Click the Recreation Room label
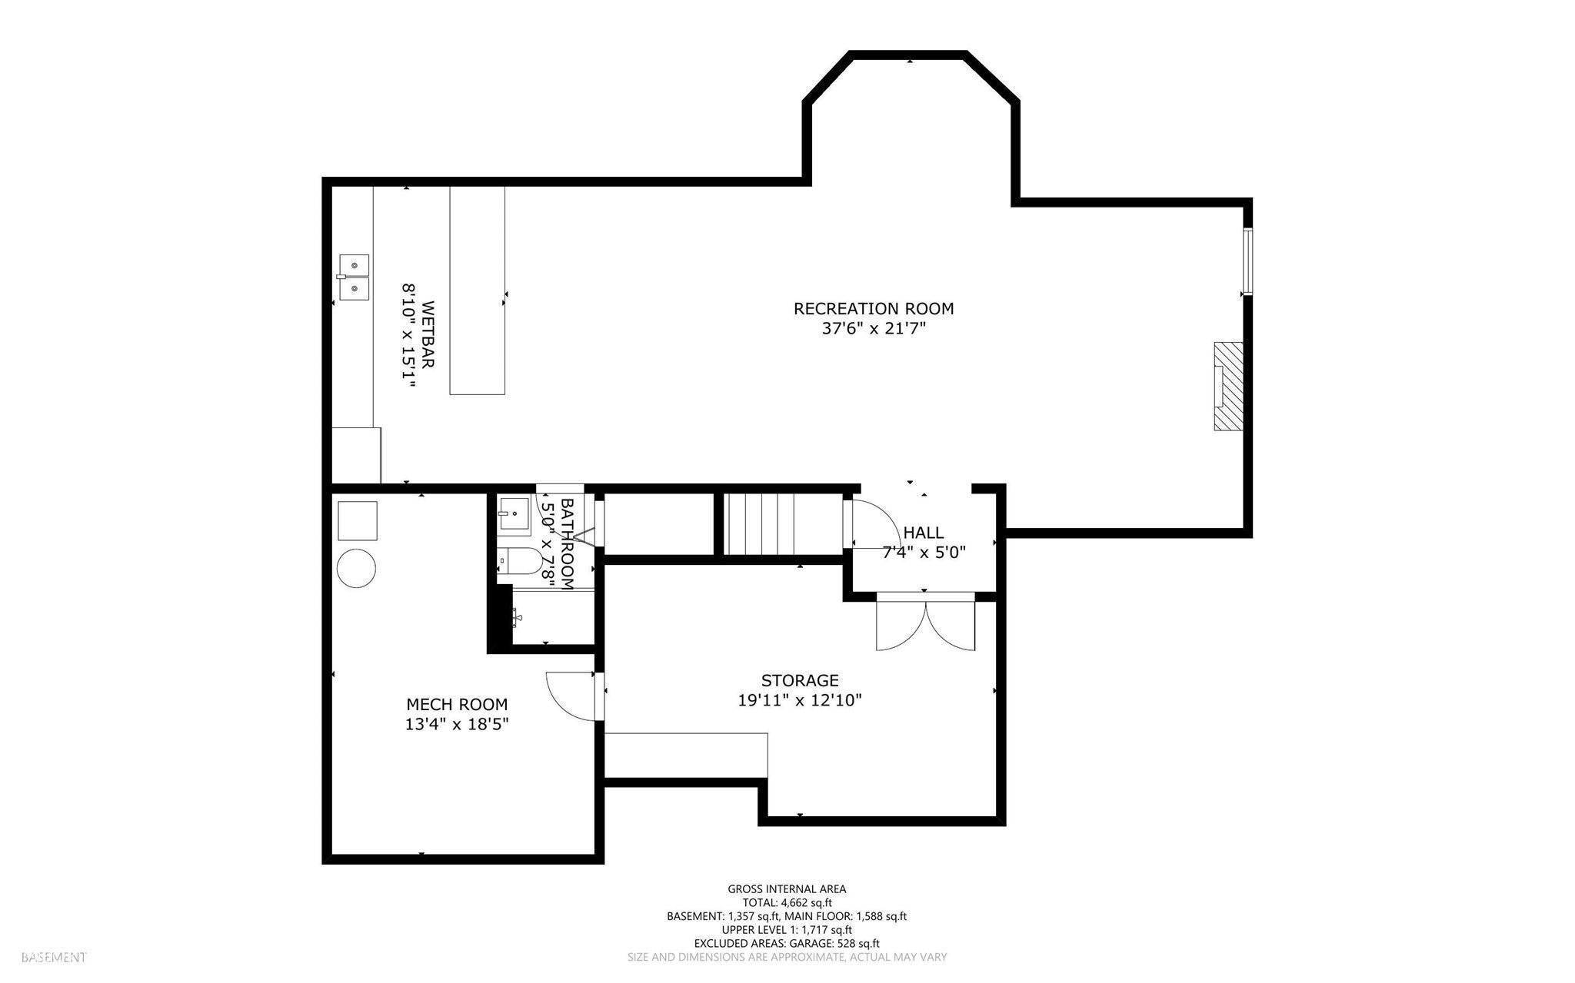point(873,309)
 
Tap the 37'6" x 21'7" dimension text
point(873,329)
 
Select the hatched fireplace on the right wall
point(1228,387)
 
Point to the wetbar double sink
point(353,277)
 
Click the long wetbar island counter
point(477,291)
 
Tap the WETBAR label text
point(428,334)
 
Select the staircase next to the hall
point(759,523)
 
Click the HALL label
point(923,533)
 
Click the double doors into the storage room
point(926,623)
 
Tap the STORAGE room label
point(800,680)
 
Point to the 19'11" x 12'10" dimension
point(800,700)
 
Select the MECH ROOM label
point(457,704)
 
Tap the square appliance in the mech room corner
point(358,520)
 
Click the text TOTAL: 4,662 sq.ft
point(787,902)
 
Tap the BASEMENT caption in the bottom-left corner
point(54,958)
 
